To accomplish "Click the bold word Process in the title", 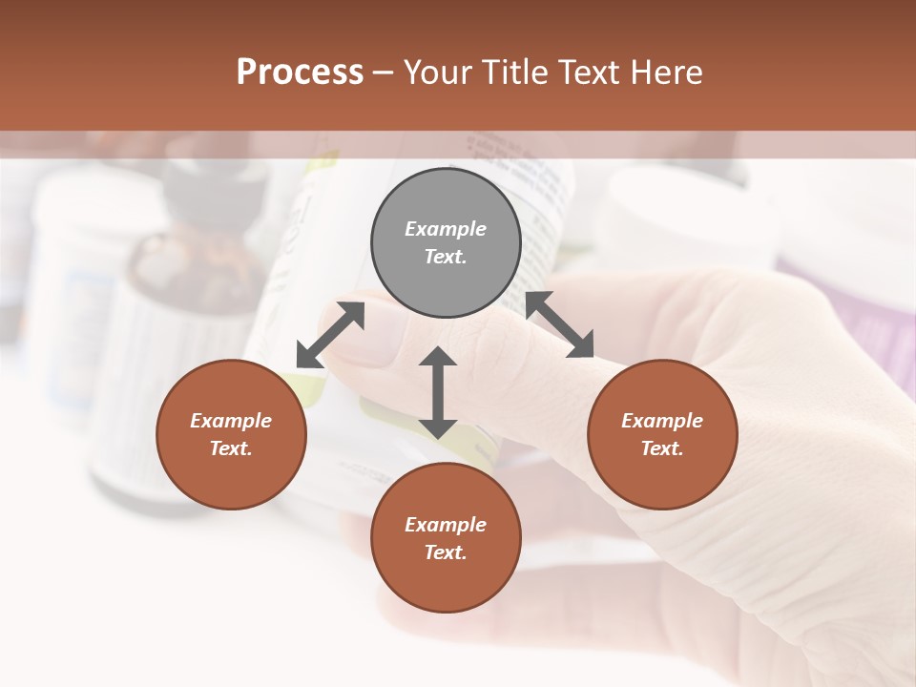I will tap(300, 73).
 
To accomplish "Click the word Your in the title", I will tap(441, 73).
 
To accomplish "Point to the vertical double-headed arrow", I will tap(437, 392).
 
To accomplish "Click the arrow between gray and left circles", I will tap(330, 335).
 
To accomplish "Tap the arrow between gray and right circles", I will tap(560, 325).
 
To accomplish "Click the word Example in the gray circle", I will tap(446, 229).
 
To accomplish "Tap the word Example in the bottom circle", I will tap(446, 525).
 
